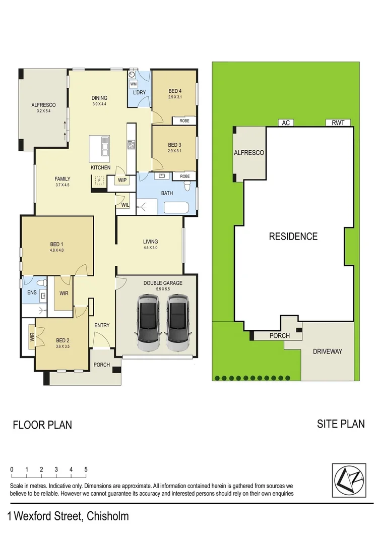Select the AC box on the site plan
click(286, 123)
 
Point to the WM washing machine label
click(134, 84)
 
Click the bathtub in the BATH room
click(176, 208)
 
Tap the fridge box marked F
click(99, 180)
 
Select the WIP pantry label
click(122, 180)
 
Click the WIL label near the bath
click(124, 205)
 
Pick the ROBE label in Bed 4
click(184, 121)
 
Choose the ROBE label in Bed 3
click(184, 176)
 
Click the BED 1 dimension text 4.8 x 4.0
click(56, 250)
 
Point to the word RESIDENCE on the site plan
click(293, 236)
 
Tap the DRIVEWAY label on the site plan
click(327, 351)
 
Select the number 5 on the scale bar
click(86, 469)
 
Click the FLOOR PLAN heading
click(42, 425)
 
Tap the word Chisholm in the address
click(107, 516)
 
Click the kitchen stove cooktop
click(131, 146)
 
